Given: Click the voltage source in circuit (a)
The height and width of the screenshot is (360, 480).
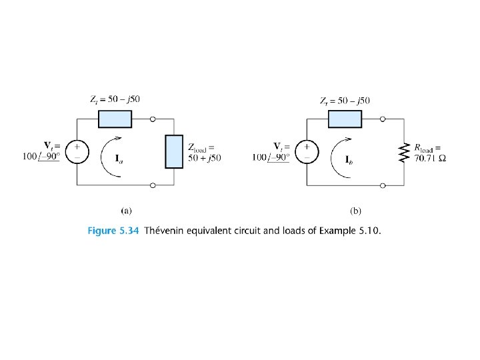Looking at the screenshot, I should click(77, 151).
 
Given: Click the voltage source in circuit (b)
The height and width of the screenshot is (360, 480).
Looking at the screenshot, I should click(307, 151).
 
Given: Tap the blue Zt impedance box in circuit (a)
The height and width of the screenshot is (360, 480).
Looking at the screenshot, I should click(115, 119).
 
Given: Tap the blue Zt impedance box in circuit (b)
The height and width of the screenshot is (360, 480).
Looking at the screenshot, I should click(345, 119).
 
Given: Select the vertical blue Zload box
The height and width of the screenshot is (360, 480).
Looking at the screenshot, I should click(174, 151).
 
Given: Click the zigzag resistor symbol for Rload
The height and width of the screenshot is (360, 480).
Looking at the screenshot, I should click(403, 152).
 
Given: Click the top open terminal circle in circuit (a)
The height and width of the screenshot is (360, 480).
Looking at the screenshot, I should click(153, 119).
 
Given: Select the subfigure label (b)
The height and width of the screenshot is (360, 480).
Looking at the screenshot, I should click(355, 210).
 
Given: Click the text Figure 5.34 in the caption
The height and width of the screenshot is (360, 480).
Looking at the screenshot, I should click(113, 231).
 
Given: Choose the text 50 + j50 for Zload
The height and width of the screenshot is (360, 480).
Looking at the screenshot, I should click(204, 158).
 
